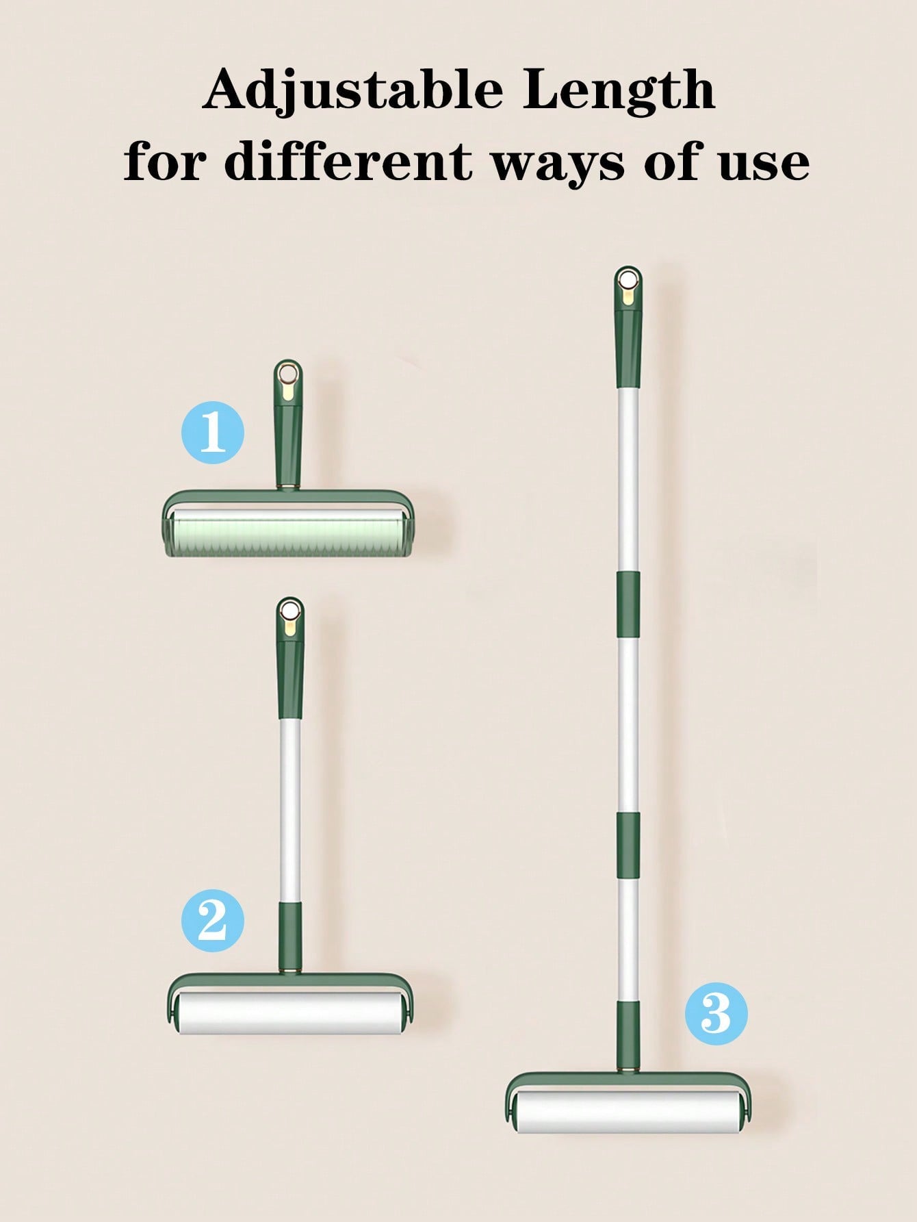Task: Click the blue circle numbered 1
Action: pos(212,433)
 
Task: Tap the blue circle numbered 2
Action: pos(212,921)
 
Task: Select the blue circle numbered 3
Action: pos(716,1013)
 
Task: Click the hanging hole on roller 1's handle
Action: pos(288,373)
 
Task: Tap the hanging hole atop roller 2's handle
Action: pos(290,610)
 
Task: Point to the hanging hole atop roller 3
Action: pos(628,280)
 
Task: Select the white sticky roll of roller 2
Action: pos(291,1014)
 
